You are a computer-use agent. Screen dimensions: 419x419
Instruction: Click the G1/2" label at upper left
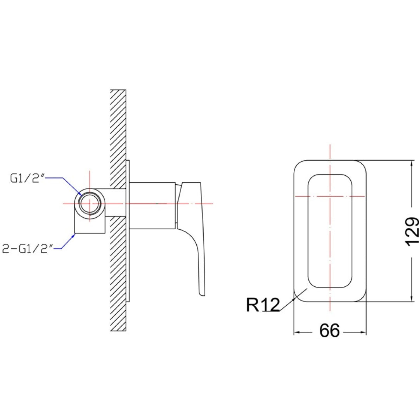(x=27, y=178)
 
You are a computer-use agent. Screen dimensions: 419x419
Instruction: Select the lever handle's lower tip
(x=202, y=294)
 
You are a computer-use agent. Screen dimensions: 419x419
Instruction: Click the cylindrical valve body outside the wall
(x=152, y=206)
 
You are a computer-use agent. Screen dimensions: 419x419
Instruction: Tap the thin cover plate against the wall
(x=128, y=231)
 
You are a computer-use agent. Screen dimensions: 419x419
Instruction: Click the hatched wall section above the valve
(x=118, y=139)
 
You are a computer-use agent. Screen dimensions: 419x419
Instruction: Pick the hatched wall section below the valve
(x=118, y=274)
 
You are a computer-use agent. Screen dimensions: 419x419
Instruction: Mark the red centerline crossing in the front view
(x=330, y=196)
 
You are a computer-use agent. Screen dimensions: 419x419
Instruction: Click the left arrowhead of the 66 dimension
(x=297, y=332)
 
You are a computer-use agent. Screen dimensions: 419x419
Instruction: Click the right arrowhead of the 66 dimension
(x=363, y=332)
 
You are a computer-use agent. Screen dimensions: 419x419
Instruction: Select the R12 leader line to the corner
(x=293, y=300)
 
